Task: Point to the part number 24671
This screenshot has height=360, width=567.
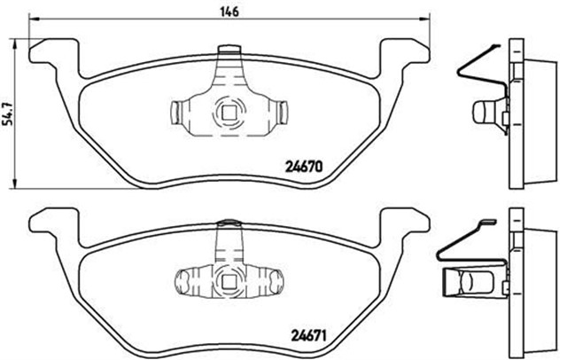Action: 307,335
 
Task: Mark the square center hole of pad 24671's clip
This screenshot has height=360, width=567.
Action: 229,283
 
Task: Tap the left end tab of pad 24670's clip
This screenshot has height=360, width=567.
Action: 175,112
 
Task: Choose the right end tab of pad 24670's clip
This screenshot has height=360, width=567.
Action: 283,112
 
